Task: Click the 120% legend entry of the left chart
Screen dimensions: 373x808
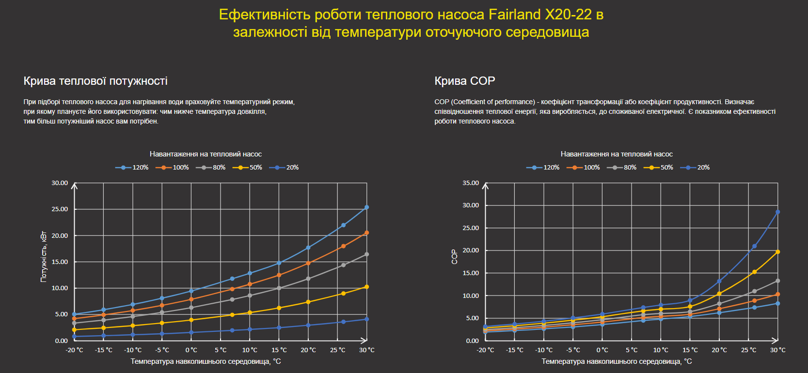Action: click(x=132, y=168)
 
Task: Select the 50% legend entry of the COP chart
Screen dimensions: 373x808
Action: click(x=659, y=168)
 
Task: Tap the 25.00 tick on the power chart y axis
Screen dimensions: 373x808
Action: click(x=60, y=209)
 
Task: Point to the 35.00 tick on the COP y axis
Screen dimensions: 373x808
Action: click(x=471, y=183)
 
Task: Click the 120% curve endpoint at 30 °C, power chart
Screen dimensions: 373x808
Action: click(x=366, y=207)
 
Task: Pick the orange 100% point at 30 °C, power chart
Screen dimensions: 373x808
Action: click(x=366, y=233)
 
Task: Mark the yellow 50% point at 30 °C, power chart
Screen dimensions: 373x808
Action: click(x=366, y=287)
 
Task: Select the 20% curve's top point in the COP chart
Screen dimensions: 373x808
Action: click(x=777, y=212)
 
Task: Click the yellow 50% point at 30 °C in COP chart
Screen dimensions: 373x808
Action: click(x=777, y=252)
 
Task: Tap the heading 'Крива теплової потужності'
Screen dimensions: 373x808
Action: click(x=95, y=81)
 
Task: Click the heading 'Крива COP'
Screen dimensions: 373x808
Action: click(x=464, y=81)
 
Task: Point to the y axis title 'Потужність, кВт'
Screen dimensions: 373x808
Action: click(x=44, y=257)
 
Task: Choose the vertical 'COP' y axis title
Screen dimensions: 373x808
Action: click(x=454, y=257)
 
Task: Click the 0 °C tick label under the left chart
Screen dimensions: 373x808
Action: click(x=191, y=350)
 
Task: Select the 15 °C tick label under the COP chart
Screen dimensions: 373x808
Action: click(x=690, y=350)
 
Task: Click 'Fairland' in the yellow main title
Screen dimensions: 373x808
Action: click(x=515, y=15)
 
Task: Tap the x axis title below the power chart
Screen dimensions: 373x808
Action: click(x=206, y=361)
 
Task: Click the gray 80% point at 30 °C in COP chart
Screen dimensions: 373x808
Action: click(x=777, y=281)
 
